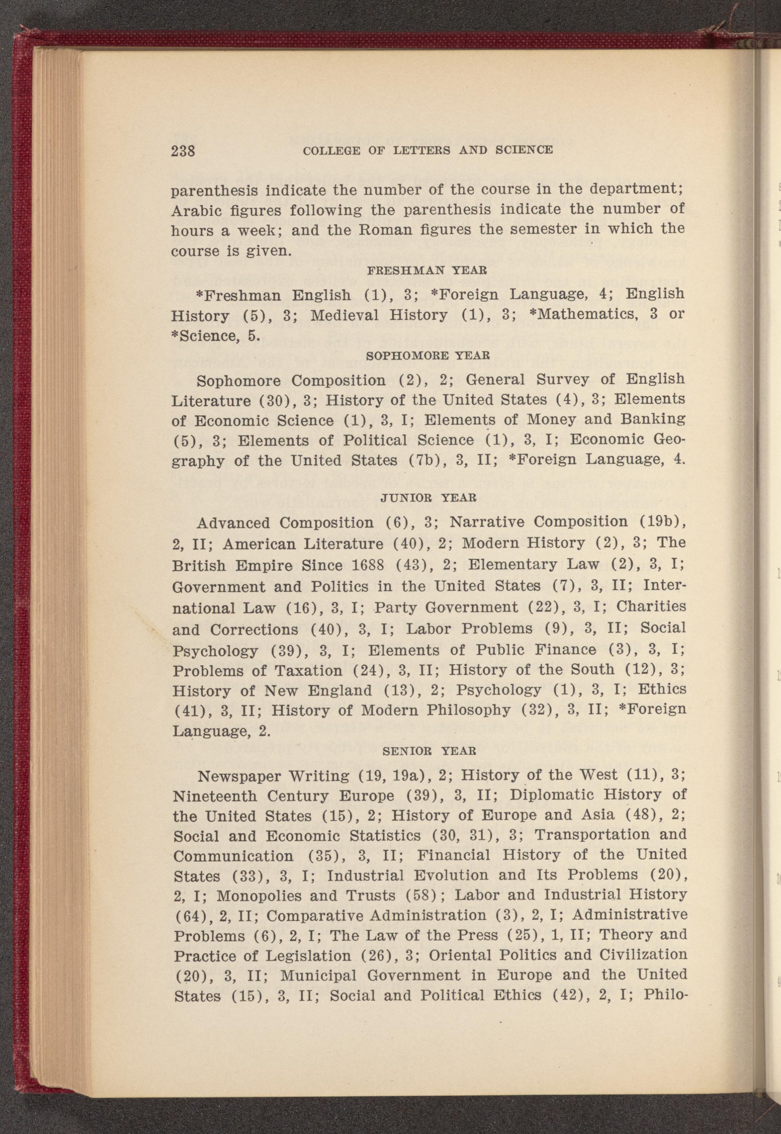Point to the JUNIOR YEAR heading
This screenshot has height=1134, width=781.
428,497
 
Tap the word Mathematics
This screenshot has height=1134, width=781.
576,315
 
